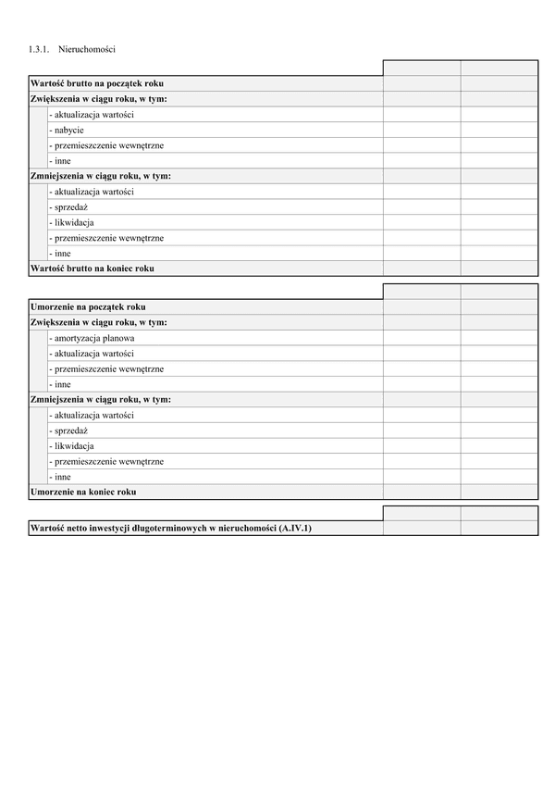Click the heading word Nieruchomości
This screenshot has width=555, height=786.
click(x=92, y=48)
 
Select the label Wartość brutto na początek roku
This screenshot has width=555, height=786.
click(x=97, y=83)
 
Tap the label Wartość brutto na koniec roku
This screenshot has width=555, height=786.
click(x=92, y=268)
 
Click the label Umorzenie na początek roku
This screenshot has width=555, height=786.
click(x=88, y=306)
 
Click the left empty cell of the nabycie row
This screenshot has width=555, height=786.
click(x=421, y=130)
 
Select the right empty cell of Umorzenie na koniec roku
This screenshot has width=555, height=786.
click(x=499, y=492)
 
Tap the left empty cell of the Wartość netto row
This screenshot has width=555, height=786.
click(x=421, y=528)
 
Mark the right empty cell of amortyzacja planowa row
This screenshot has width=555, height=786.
click(x=499, y=338)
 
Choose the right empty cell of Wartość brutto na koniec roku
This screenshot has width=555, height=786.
click(x=499, y=268)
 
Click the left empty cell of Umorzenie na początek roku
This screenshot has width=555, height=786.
click(x=421, y=306)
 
